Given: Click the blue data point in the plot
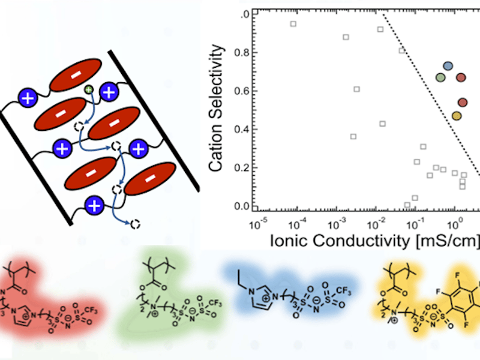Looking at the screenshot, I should (x=448, y=66).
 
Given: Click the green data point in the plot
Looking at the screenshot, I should (x=440, y=77).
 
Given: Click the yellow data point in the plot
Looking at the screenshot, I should (x=456, y=115).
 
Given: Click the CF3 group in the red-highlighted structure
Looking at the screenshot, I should (x=90, y=295).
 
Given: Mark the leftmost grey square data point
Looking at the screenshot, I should (x=293, y=24).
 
